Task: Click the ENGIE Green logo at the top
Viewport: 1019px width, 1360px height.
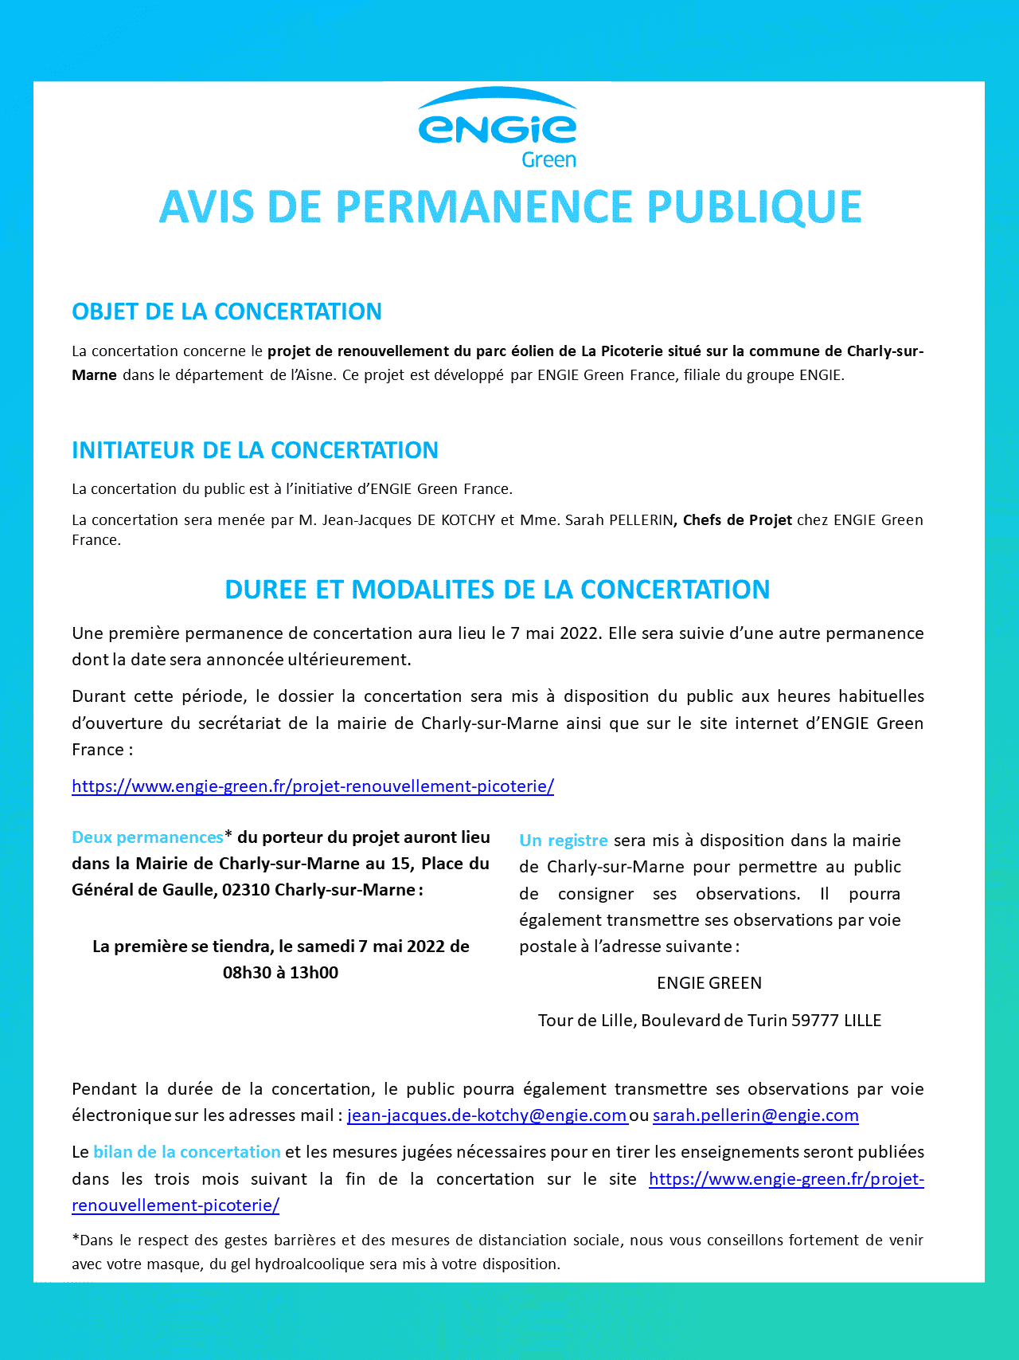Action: [x=498, y=128]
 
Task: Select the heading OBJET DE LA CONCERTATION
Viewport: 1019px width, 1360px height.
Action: [x=227, y=312]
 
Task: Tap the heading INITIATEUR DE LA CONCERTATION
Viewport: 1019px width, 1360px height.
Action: [x=255, y=450]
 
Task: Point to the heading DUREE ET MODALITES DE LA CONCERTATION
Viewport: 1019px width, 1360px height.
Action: [x=498, y=590]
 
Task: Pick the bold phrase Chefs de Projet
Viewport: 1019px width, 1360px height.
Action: [x=737, y=520]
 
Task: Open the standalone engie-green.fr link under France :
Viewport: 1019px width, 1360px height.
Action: [x=313, y=786]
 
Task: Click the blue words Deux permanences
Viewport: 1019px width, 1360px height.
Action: [x=147, y=837]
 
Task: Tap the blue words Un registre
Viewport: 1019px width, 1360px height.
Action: [x=564, y=841]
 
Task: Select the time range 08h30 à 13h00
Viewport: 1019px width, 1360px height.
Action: [x=280, y=973]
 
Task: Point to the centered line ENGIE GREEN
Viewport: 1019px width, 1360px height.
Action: [x=709, y=983]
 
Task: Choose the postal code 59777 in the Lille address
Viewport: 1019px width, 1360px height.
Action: [x=815, y=1021]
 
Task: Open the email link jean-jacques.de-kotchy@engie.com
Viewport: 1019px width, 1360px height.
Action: [x=487, y=1115]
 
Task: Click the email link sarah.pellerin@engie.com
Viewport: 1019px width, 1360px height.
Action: [x=755, y=1115]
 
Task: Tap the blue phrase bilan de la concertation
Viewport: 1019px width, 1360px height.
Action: [x=187, y=1152]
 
